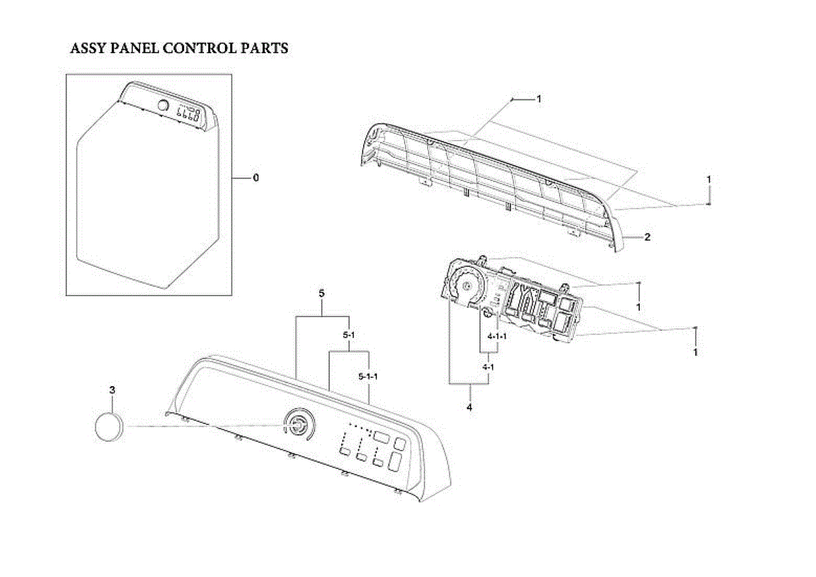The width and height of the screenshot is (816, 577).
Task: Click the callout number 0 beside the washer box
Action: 256,178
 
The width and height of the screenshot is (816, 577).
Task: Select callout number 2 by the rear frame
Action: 647,237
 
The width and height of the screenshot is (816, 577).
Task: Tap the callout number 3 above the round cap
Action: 112,390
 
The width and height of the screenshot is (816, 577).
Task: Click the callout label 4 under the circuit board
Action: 469,408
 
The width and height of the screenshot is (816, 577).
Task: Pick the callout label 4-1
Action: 488,367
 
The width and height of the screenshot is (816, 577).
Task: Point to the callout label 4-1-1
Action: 497,336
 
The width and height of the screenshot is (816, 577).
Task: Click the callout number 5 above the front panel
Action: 321,294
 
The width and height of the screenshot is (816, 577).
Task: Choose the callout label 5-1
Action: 349,336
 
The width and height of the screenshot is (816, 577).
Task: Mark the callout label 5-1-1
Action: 368,376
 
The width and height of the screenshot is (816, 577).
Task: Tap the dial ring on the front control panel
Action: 299,425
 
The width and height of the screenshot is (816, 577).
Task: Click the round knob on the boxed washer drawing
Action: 163,106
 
